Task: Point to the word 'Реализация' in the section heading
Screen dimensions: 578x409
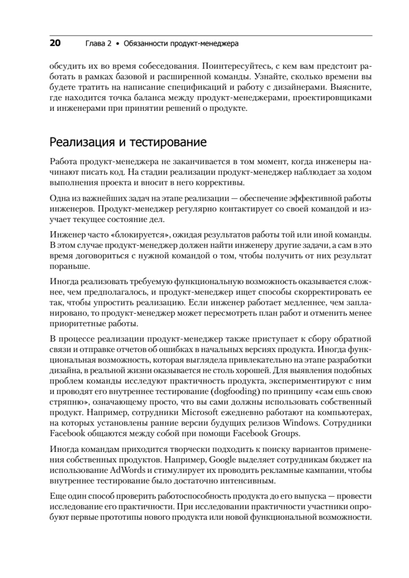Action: pyautogui.click(x=79, y=143)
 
